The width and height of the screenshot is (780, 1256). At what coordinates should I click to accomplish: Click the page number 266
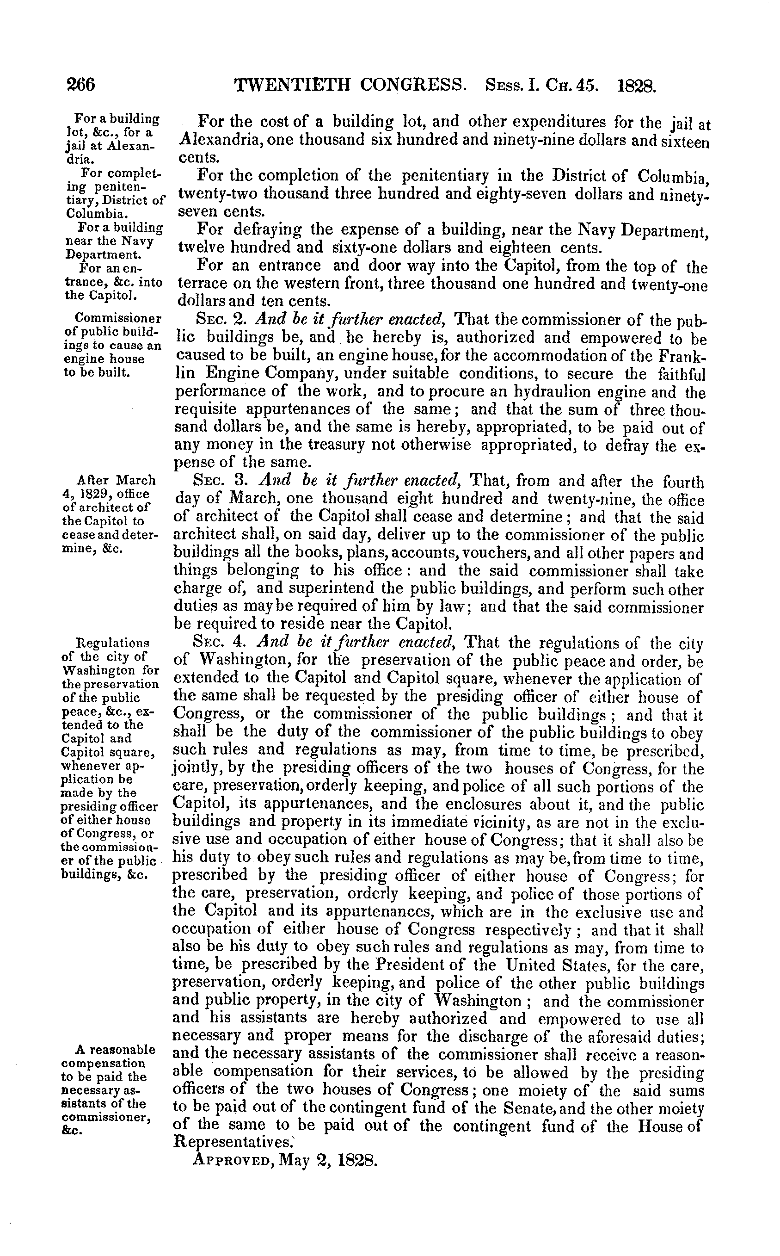81,84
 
